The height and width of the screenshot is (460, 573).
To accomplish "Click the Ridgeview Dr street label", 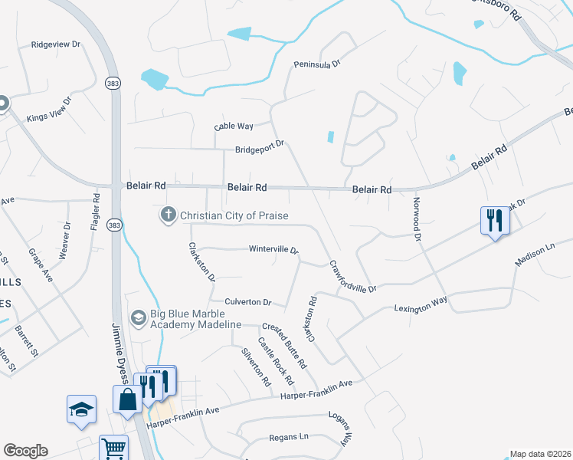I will [x=55, y=44].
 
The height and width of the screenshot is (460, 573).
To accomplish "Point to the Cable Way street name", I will [x=234, y=126].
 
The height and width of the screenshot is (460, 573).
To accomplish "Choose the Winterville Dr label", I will [x=273, y=250].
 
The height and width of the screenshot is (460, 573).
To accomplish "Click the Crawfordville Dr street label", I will [x=353, y=277].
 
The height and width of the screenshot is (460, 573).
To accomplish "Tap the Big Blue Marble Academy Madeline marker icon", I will [x=138, y=317].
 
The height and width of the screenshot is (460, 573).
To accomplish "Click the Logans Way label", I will [x=345, y=428].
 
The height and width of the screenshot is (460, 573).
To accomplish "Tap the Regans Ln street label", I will [x=289, y=436].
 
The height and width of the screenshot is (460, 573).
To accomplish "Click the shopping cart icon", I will [x=113, y=448].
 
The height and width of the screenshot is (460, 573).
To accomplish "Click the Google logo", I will [x=25, y=451].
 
